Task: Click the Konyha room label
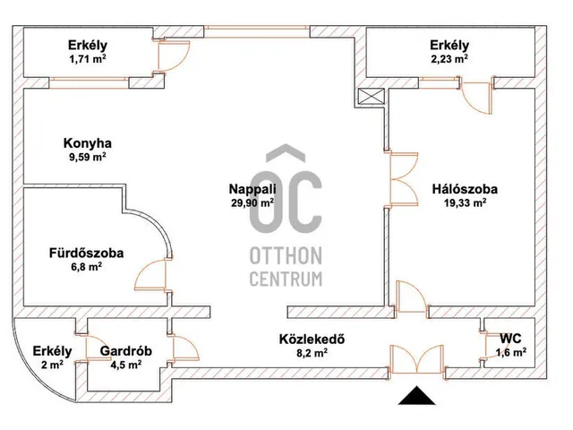tap(88, 143)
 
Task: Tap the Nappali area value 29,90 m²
tap(252, 202)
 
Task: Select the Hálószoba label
tap(465, 189)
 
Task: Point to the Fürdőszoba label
tap(86, 253)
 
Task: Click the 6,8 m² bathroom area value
tap(86, 267)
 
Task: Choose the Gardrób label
tap(125, 351)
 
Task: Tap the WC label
tap(510, 339)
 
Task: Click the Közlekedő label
tap(312, 339)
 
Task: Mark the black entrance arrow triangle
tap(416, 396)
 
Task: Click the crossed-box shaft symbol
tap(371, 98)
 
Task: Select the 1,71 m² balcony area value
tap(88, 59)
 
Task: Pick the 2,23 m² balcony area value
tap(449, 59)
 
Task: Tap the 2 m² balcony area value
tap(52, 365)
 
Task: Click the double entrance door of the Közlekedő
tap(416, 359)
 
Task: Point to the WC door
tap(486, 346)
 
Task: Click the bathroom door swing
tap(151, 275)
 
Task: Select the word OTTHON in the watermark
tap(286, 256)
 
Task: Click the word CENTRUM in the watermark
tap(286, 279)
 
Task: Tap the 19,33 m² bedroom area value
tap(465, 202)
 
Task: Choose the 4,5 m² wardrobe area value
tap(125, 365)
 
